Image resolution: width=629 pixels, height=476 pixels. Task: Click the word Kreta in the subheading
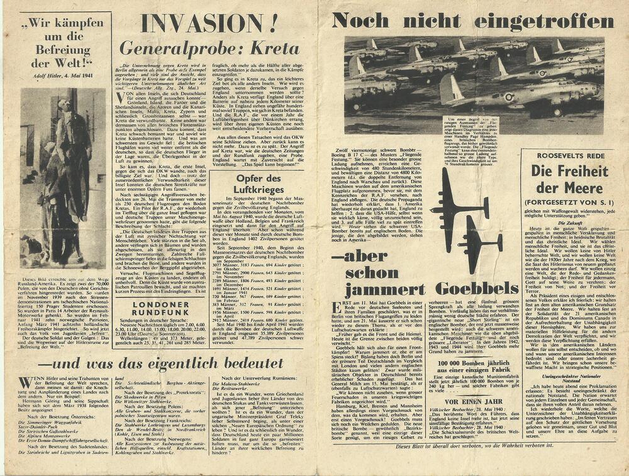coord(274,48)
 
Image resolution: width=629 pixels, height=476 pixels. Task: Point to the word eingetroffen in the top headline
coord(544,21)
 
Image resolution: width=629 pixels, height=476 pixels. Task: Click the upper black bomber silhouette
coord(457,203)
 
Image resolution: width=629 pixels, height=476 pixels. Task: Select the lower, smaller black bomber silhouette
coord(481,242)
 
